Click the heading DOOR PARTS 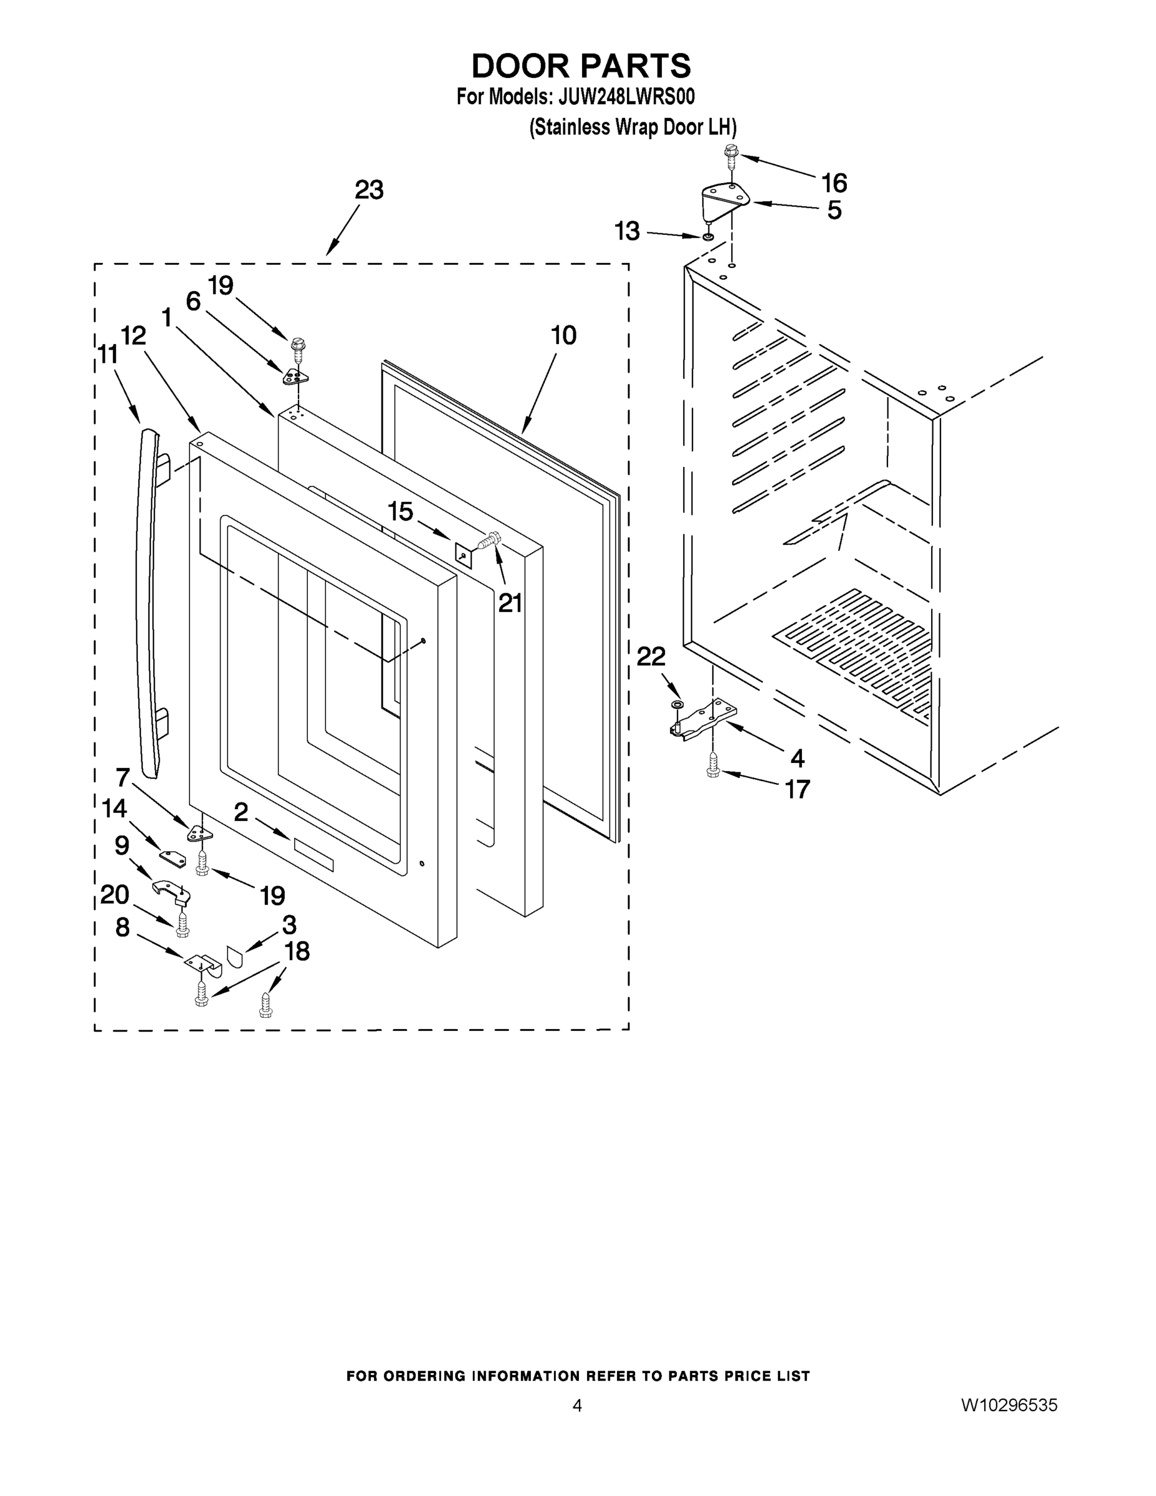581,67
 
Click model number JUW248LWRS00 626,97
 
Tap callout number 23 368,189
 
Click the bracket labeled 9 170,892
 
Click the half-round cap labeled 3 234,956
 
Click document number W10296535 1009,1406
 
